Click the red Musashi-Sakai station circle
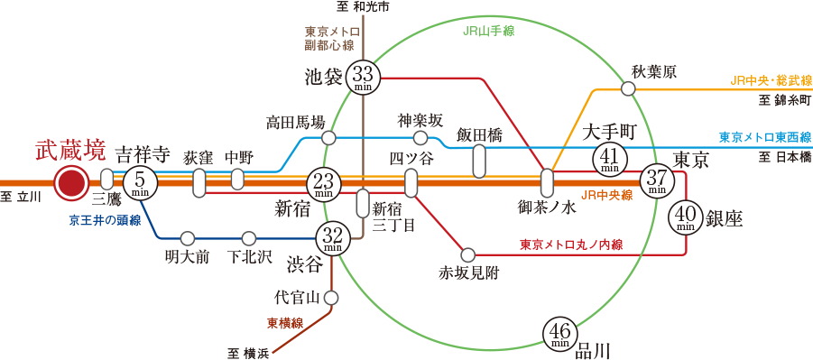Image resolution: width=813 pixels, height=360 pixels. tap(69, 182)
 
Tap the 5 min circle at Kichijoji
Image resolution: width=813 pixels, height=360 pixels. tap(139, 182)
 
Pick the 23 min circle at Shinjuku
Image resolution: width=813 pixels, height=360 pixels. tap(324, 183)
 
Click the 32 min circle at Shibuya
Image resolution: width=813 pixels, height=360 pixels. tap(330, 239)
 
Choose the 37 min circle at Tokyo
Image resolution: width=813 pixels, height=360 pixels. tap(656, 180)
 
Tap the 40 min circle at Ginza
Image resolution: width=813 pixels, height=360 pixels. tap(687, 217)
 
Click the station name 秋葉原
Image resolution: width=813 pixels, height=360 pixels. tap(654, 71)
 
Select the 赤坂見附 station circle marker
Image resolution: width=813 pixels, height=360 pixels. tap(468, 254)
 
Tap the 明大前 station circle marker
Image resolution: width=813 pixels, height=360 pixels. tap(187, 238)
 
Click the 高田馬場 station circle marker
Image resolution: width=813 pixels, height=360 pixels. tap(329, 138)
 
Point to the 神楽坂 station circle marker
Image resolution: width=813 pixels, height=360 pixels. tap(420, 138)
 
